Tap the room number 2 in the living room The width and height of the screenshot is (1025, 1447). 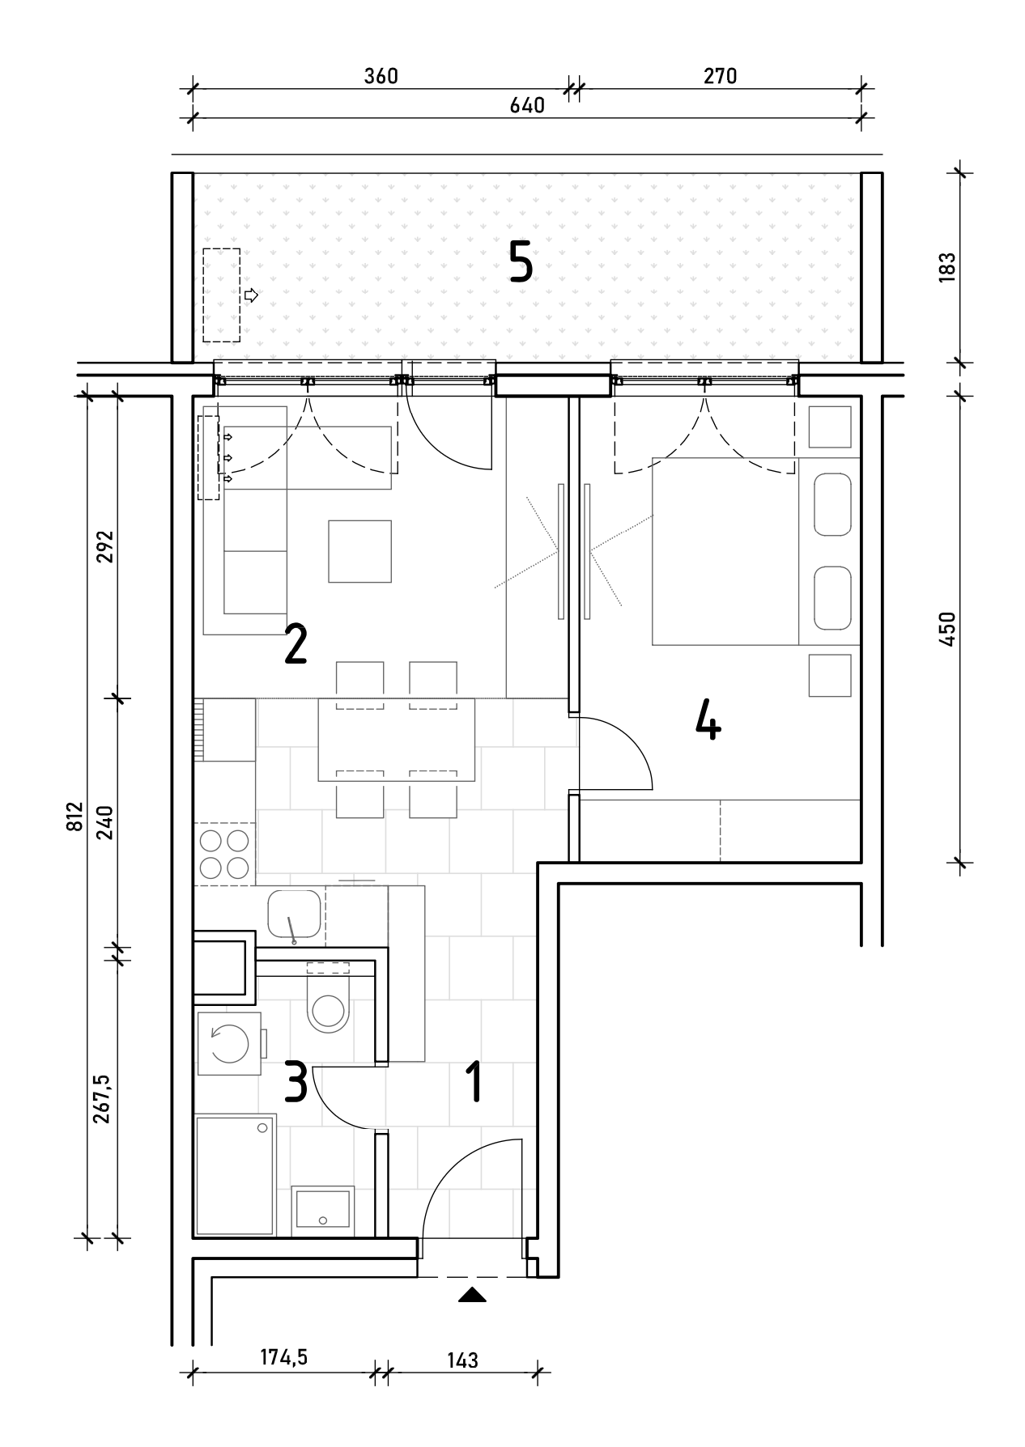click(x=296, y=644)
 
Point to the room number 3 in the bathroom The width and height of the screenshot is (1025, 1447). click(x=296, y=1083)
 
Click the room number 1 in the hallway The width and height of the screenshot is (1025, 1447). click(x=474, y=1083)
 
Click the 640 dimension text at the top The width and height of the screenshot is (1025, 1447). click(x=527, y=105)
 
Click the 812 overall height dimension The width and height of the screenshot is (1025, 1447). click(x=75, y=817)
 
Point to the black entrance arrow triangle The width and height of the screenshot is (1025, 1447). click(x=472, y=1295)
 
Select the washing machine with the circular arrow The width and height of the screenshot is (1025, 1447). click(x=229, y=1043)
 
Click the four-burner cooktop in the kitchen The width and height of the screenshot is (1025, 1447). click(x=224, y=853)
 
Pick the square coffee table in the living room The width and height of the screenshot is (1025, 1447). click(x=359, y=551)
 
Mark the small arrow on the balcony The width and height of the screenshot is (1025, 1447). click(x=251, y=295)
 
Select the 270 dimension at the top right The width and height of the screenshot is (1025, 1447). click(x=720, y=76)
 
